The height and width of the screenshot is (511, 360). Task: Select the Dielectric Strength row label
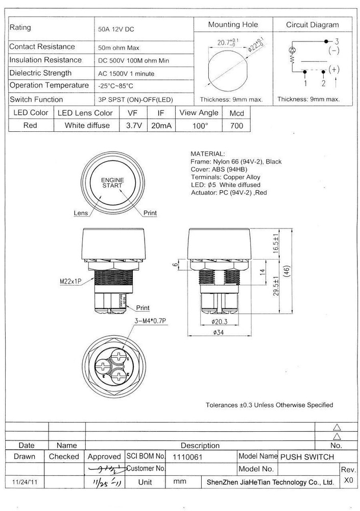coord(40,73)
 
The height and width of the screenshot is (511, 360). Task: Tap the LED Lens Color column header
coord(85,113)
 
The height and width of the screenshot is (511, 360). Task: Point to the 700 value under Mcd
coord(236,126)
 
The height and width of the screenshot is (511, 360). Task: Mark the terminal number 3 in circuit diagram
coord(337,41)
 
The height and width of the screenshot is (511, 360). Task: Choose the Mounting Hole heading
coord(233,25)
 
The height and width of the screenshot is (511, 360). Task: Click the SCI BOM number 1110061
coord(188,456)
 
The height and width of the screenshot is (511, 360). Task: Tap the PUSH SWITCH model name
coord(307,456)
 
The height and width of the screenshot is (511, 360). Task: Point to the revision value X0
coord(348,480)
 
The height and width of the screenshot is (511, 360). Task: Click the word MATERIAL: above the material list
coord(207,153)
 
